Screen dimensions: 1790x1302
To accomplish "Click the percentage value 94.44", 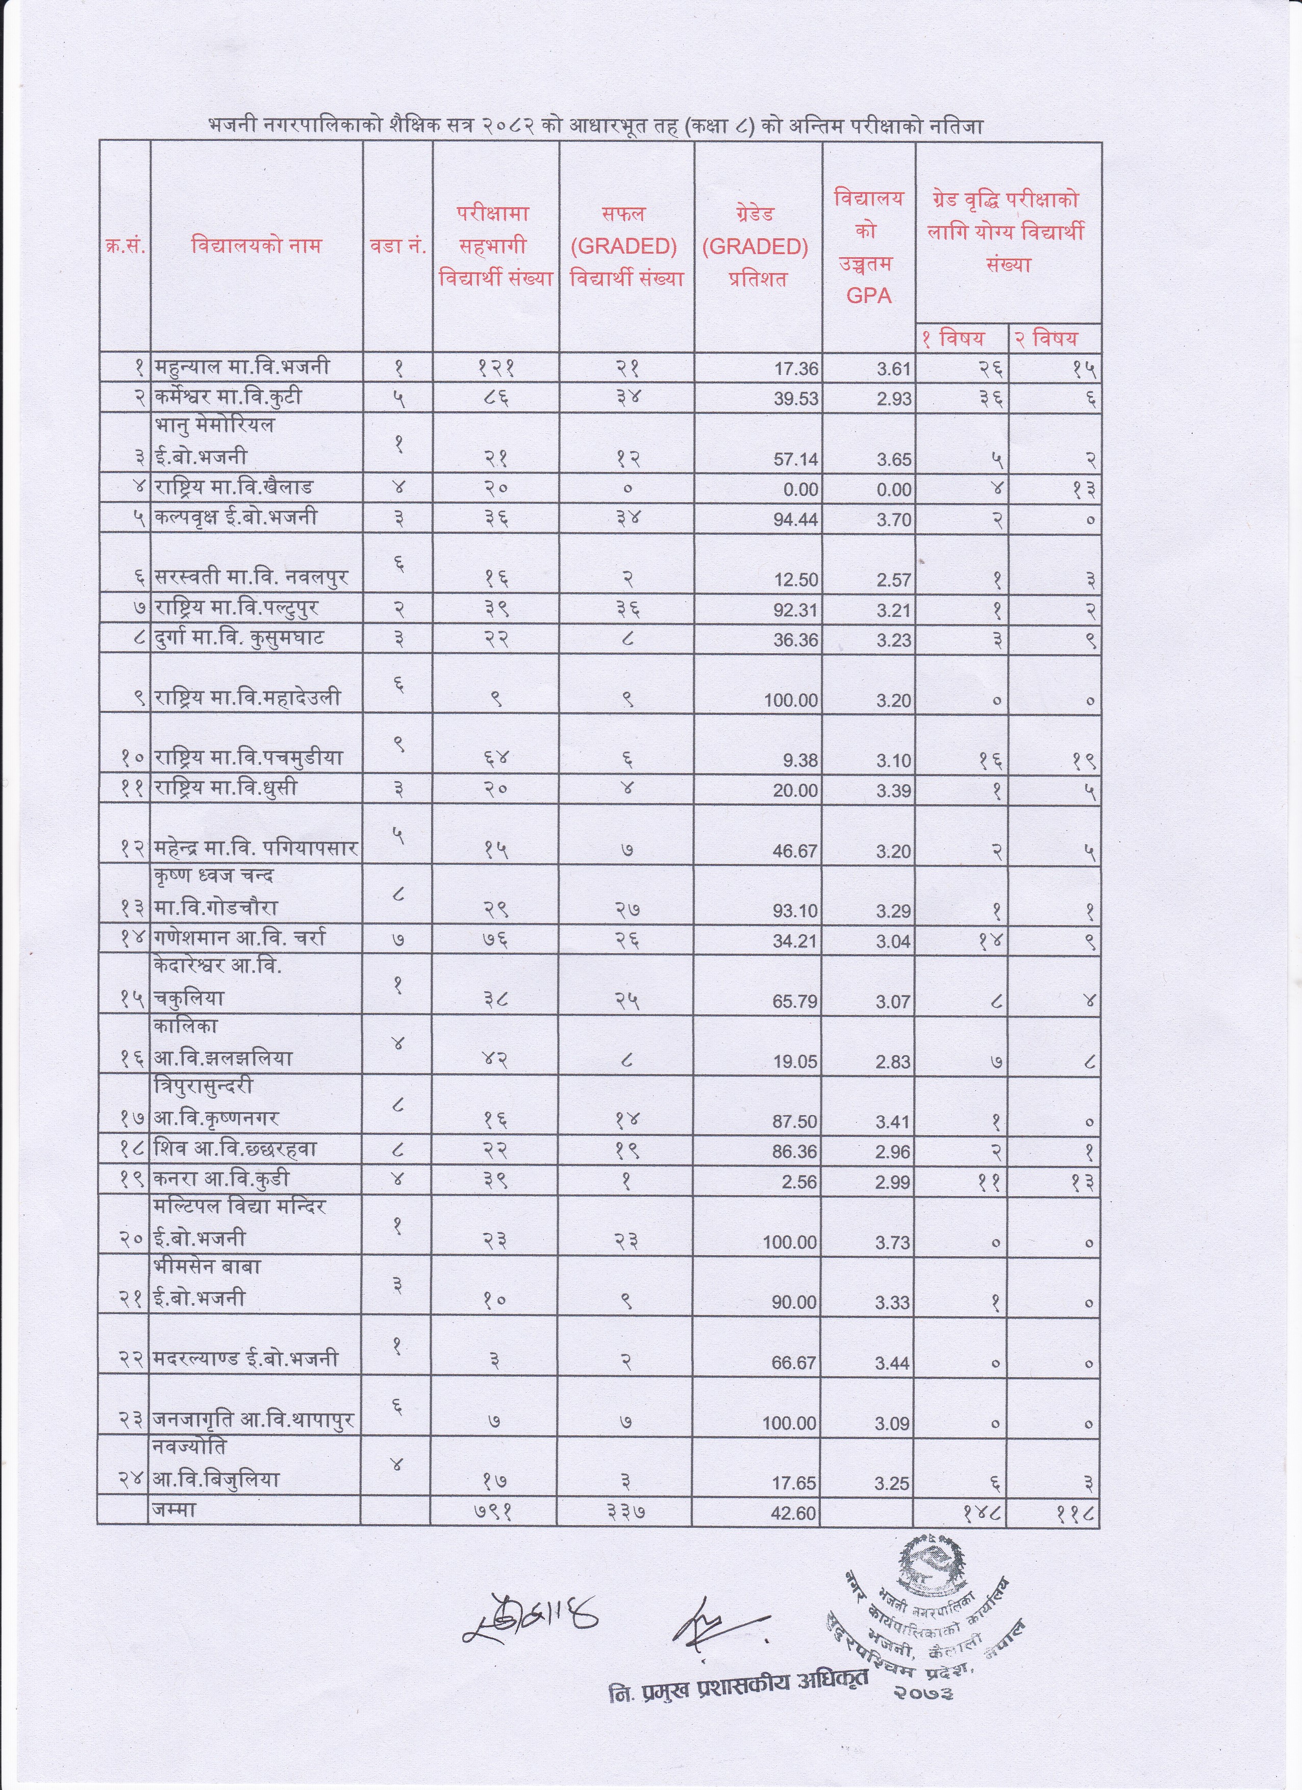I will (x=795, y=520).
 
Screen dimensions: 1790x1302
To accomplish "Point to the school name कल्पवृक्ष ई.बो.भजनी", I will (x=236, y=518).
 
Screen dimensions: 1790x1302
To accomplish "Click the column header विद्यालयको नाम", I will (x=257, y=245).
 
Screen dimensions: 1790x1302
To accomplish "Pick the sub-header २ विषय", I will (x=1046, y=339).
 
